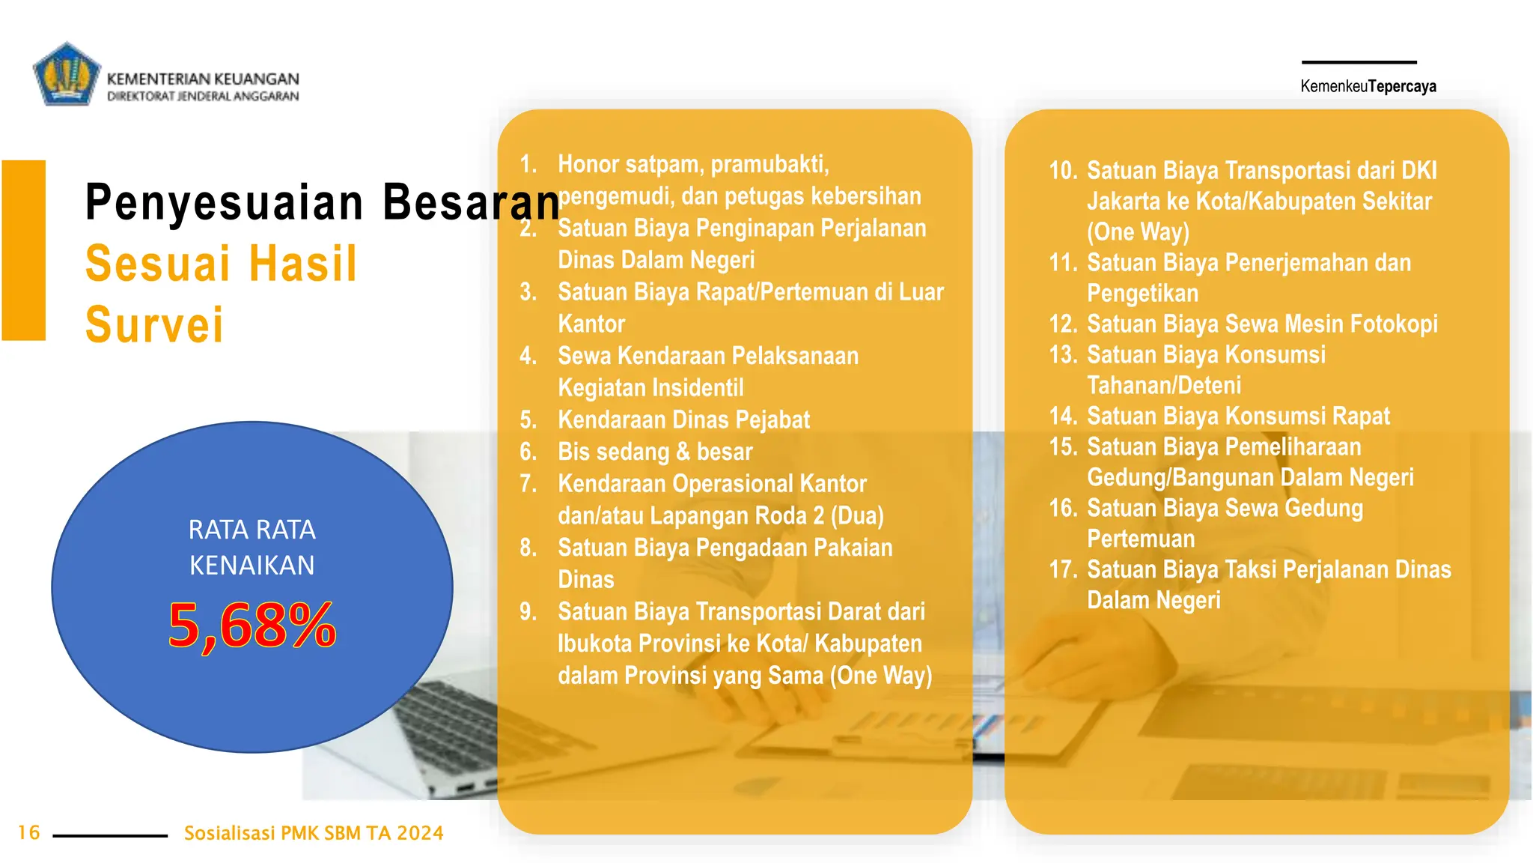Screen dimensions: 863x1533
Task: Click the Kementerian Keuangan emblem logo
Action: tap(67, 74)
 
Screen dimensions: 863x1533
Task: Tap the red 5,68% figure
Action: tap(252, 626)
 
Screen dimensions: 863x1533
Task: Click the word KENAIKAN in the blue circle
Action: tap(252, 566)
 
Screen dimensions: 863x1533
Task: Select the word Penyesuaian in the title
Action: tap(225, 202)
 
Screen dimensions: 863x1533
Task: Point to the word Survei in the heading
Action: tap(154, 325)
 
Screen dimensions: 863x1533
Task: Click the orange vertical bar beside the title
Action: tap(24, 250)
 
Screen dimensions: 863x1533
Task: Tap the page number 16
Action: tap(29, 832)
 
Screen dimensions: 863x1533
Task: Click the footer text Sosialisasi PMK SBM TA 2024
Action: tap(314, 833)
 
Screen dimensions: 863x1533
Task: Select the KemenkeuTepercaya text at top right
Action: tap(1368, 86)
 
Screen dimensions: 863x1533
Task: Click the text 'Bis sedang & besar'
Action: tap(655, 452)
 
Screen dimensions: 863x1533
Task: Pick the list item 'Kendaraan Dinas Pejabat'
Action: tap(683, 420)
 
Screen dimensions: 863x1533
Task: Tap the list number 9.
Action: tap(528, 612)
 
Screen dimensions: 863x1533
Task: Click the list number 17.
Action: tap(1063, 569)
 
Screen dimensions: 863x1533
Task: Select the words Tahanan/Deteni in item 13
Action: tap(1164, 385)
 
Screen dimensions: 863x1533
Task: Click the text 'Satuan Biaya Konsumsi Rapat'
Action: tap(1238, 416)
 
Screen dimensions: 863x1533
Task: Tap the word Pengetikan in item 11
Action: tap(1142, 293)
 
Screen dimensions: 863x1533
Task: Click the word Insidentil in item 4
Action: tap(698, 388)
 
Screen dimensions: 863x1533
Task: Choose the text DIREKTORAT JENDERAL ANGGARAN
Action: tap(203, 96)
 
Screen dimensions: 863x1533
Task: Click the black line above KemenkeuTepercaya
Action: tap(1359, 62)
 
